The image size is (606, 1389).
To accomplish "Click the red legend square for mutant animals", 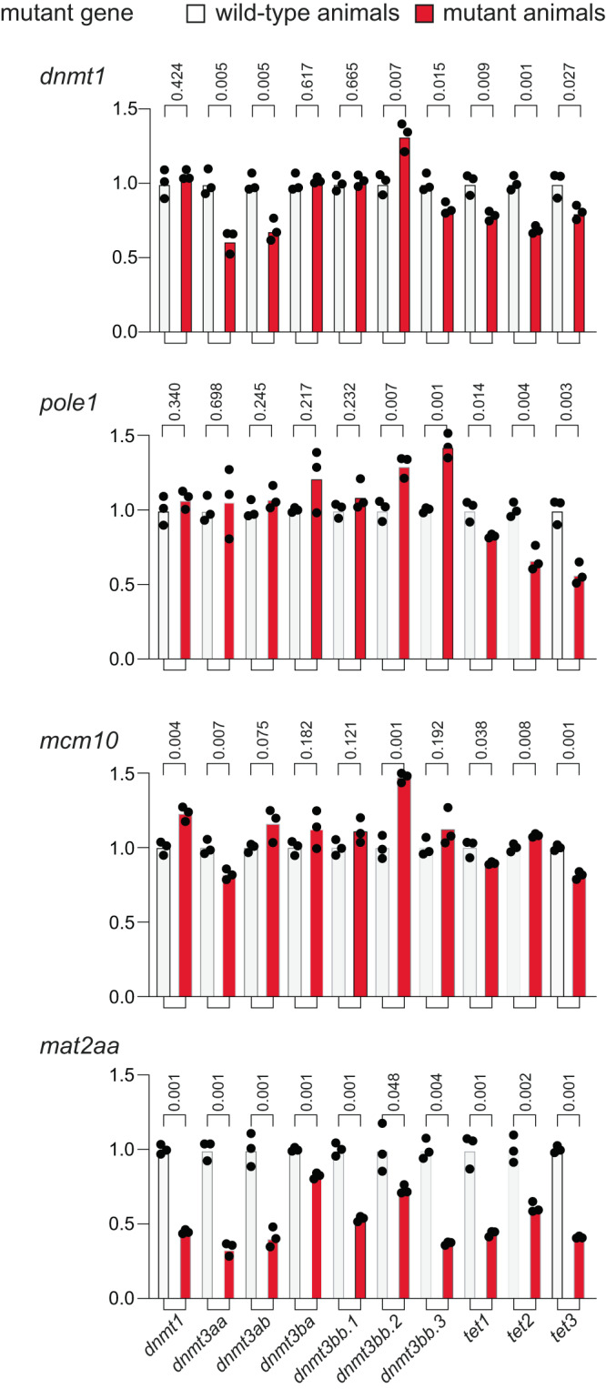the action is tap(424, 13).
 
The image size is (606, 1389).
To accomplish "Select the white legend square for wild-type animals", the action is tap(196, 13).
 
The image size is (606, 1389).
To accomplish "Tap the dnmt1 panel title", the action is tap(73, 75).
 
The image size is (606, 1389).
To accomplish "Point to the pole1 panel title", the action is tap(69, 403).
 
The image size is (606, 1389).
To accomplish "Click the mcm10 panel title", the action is tap(79, 740).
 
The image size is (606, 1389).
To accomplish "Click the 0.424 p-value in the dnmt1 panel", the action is tap(177, 81).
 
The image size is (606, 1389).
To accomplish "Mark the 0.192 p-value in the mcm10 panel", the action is tap(438, 740).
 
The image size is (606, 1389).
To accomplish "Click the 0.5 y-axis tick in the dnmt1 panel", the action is tap(124, 257).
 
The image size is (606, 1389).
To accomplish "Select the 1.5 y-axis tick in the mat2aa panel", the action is tap(122, 1075).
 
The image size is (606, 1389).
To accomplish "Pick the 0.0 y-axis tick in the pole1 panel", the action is tap(122, 659).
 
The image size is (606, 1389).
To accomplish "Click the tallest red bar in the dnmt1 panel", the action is tap(404, 235).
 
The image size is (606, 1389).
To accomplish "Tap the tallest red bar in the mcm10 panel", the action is tap(404, 885).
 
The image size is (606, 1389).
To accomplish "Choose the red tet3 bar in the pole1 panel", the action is tap(580, 618).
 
